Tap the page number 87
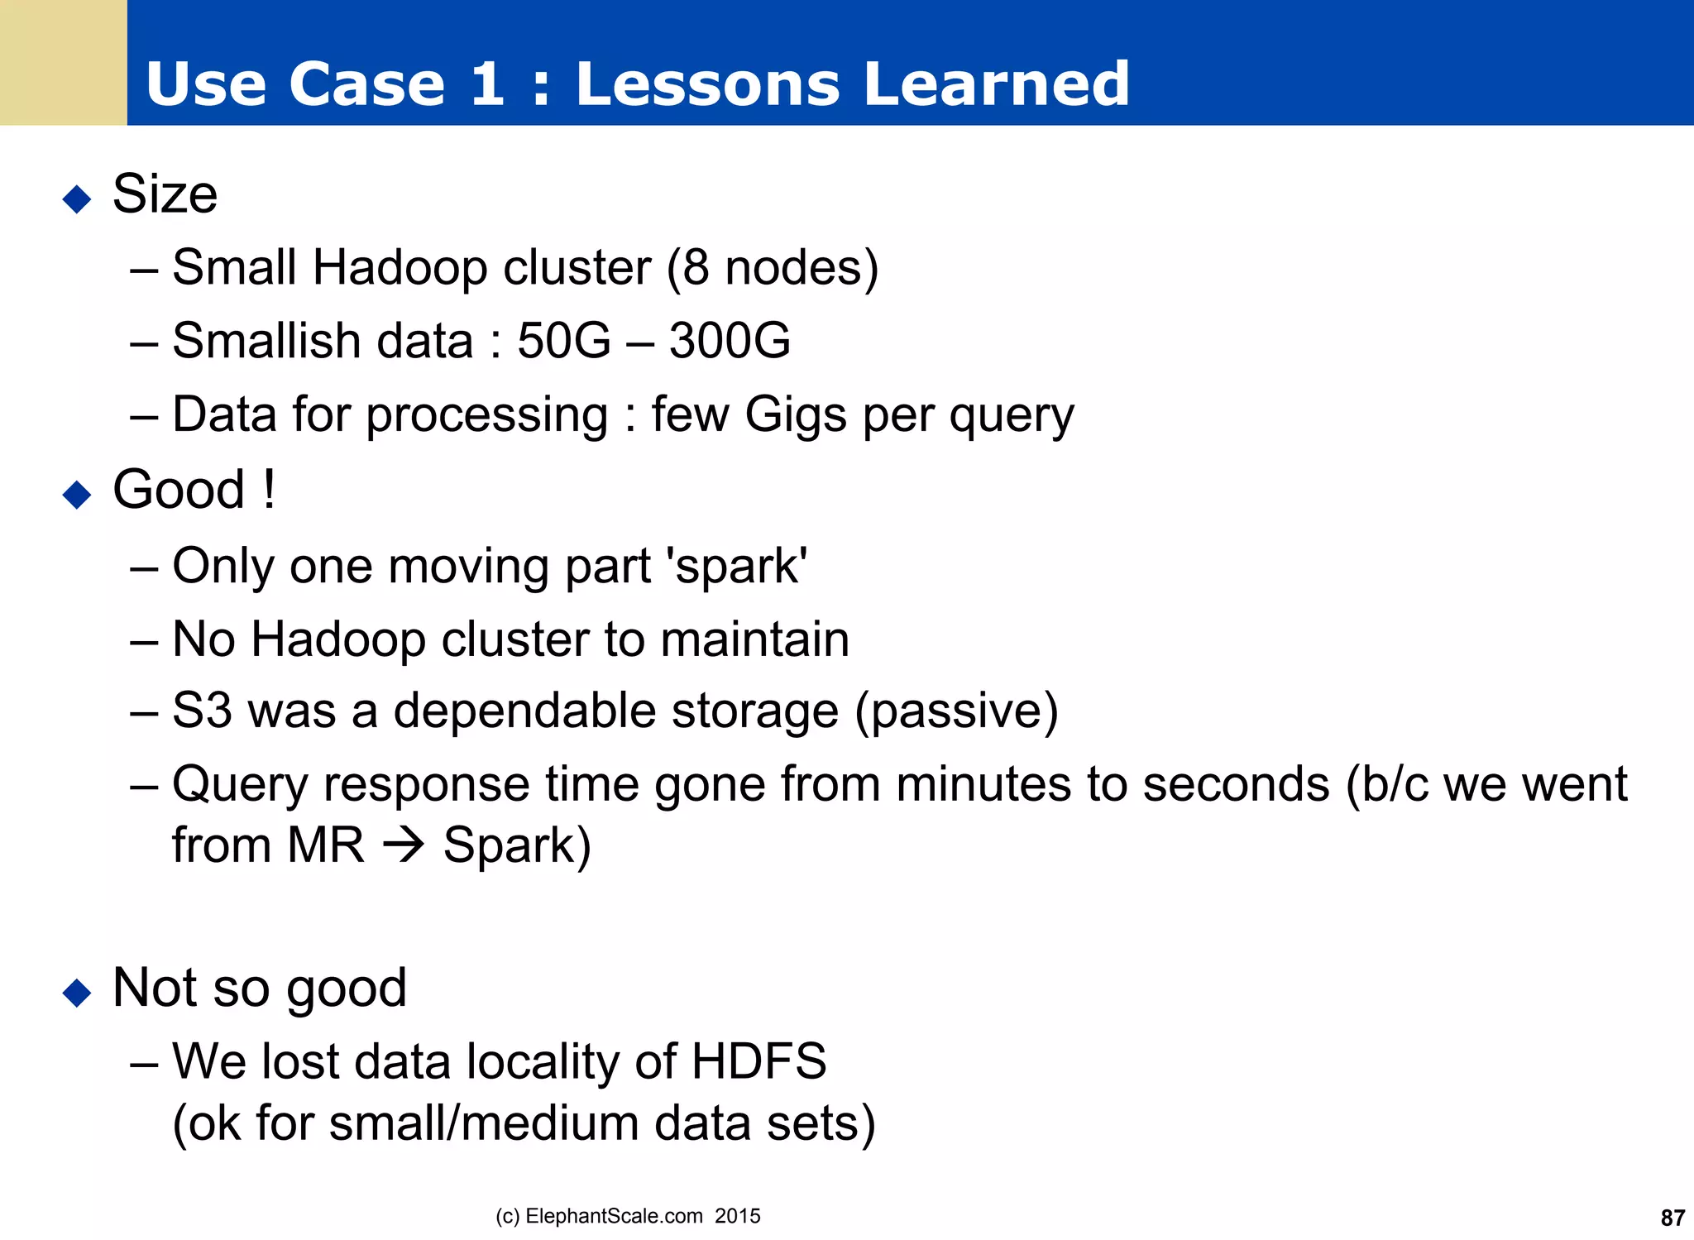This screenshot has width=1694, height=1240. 1672,1218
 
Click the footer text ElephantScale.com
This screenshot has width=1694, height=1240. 614,1216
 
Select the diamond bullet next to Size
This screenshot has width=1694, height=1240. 77,199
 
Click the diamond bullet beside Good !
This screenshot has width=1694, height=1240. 77,495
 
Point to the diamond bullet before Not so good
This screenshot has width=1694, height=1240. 77,993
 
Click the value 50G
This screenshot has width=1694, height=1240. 563,341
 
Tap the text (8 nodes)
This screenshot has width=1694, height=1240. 773,268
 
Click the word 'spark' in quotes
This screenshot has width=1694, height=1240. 739,567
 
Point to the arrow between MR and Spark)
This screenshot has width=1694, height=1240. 404,845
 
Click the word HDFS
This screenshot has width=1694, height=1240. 758,1061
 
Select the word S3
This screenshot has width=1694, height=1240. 202,711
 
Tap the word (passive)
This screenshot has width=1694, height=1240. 956,711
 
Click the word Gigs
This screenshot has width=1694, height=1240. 795,415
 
